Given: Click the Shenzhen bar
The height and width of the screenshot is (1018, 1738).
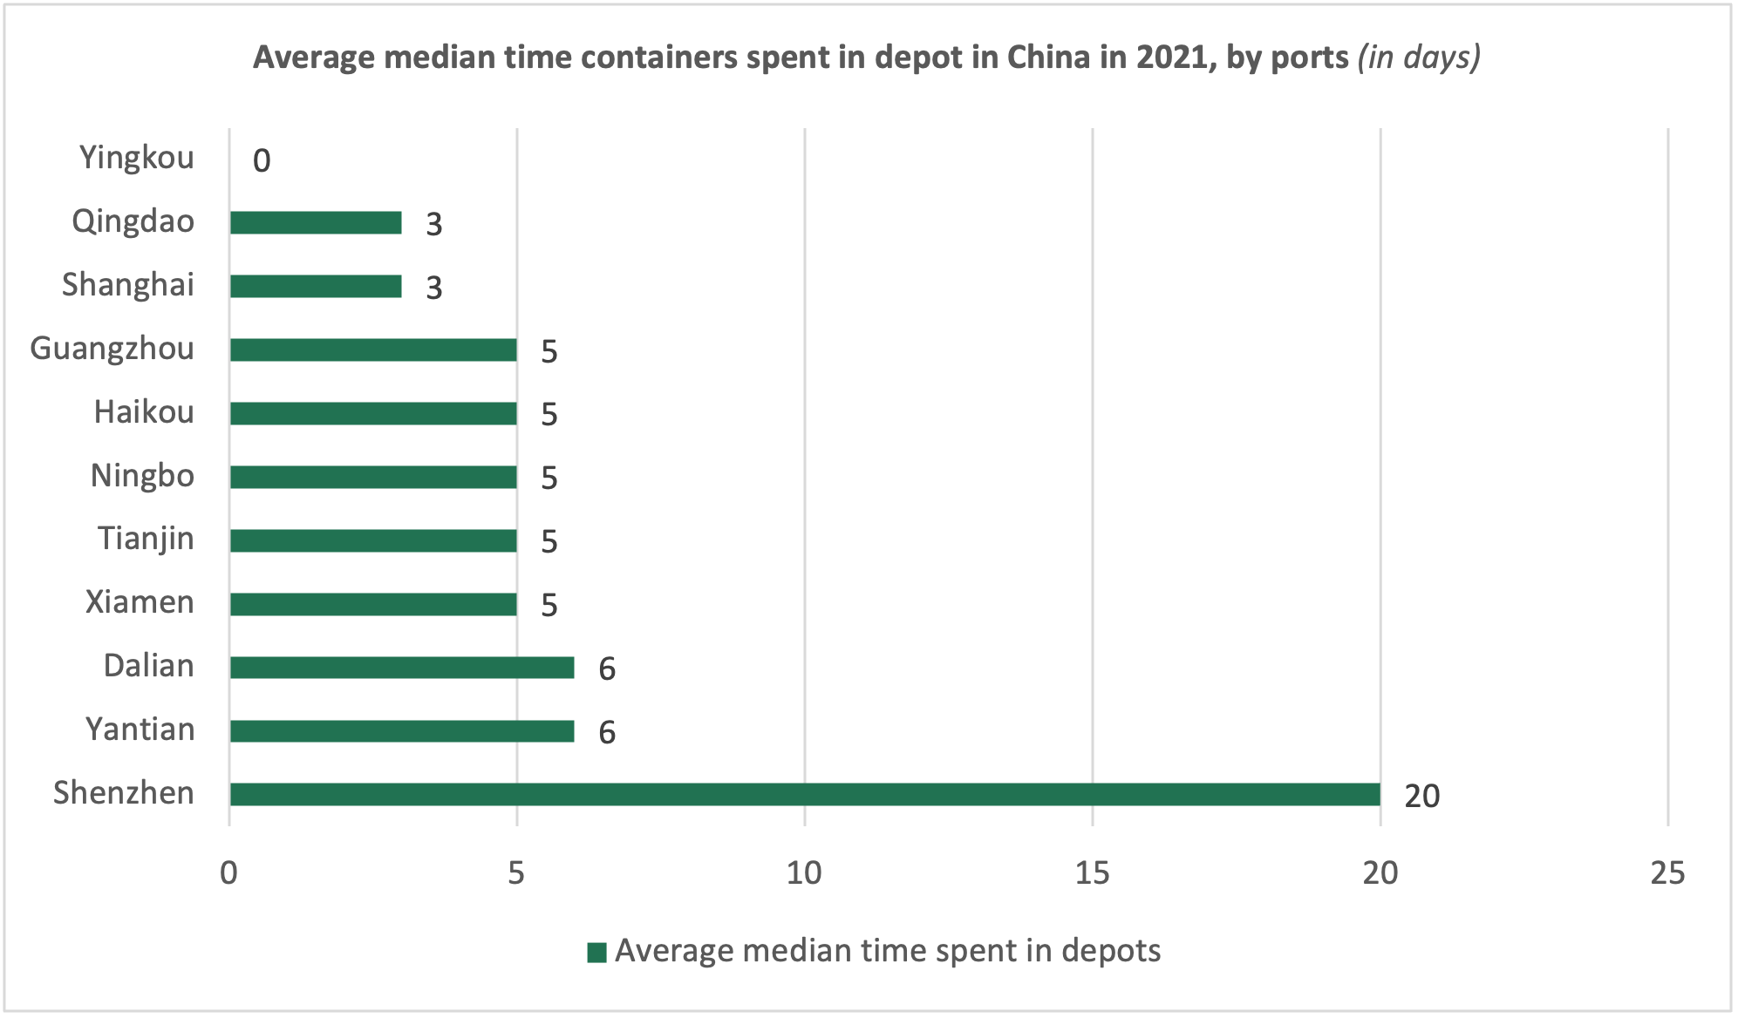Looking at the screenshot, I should (804, 794).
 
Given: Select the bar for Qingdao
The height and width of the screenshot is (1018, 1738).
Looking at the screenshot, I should (316, 223).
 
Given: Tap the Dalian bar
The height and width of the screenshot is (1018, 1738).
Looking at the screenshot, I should (402, 668).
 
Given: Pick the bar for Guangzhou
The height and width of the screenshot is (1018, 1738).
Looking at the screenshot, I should (373, 350).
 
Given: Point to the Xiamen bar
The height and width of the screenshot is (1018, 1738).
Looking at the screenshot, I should (373, 604).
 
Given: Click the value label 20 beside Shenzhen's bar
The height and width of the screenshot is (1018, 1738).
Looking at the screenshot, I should (1421, 796).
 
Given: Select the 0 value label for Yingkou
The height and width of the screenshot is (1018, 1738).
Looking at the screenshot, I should (262, 161).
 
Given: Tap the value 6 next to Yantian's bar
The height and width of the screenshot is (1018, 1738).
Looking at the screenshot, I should (607, 733).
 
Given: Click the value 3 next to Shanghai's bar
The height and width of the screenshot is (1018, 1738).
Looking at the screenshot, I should (434, 288).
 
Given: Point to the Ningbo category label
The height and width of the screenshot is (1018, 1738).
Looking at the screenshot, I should (142, 476).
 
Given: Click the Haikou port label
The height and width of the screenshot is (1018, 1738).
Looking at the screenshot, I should (144, 412).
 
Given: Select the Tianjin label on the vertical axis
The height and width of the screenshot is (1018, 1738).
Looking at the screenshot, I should (146, 539).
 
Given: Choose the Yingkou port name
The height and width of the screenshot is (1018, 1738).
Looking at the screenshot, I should (137, 158).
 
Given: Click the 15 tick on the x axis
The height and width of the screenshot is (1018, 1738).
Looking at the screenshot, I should (1092, 872).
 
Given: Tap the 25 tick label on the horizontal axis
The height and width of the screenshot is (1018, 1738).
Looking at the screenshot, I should (1667, 872).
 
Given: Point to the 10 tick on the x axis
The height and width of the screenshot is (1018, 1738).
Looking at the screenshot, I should (804, 872).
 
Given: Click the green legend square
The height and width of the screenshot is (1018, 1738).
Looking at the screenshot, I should (596, 952).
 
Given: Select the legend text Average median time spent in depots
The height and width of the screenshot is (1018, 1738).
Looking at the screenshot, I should (888, 951).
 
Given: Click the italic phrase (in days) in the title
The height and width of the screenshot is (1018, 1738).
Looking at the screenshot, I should (1419, 58).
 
